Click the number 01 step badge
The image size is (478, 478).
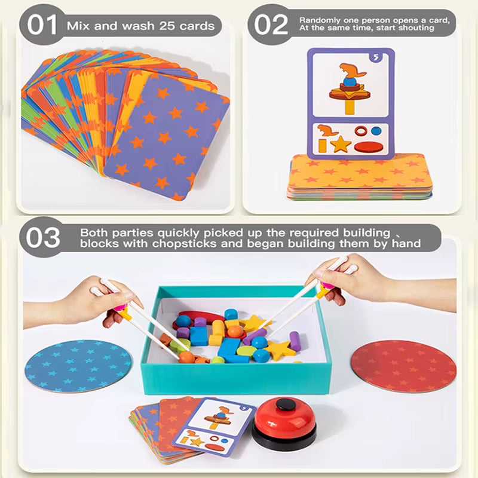click(x=42, y=24)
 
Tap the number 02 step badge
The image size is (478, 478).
click(x=270, y=24)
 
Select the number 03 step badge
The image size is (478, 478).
click(x=42, y=237)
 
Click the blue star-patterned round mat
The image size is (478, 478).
click(x=78, y=366)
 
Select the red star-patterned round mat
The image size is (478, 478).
click(x=404, y=366)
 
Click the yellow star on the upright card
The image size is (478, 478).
click(x=341, y=143)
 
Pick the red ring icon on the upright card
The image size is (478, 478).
click(x=361, y=131)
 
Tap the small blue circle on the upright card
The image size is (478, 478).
click(x=376, y=131)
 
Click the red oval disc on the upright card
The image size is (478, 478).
click(x=369, y=147)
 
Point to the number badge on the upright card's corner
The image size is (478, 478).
click(x=376, y=57)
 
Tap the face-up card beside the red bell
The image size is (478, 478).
click(x=214, y=427)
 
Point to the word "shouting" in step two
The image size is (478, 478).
click(x=416, y=28)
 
